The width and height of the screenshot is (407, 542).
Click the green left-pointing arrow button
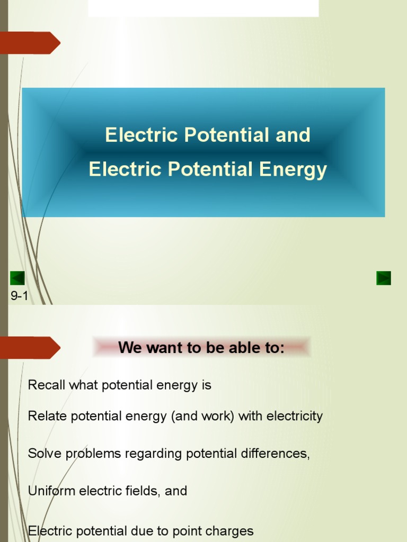coord(17,278)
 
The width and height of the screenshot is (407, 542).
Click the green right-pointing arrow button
coord(384,278)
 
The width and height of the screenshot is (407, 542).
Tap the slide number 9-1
coord(19,296)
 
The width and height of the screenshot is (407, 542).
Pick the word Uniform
coord(51,491)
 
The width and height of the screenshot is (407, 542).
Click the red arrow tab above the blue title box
coord(30,43)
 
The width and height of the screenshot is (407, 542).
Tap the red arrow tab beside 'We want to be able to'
coord(30,348)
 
